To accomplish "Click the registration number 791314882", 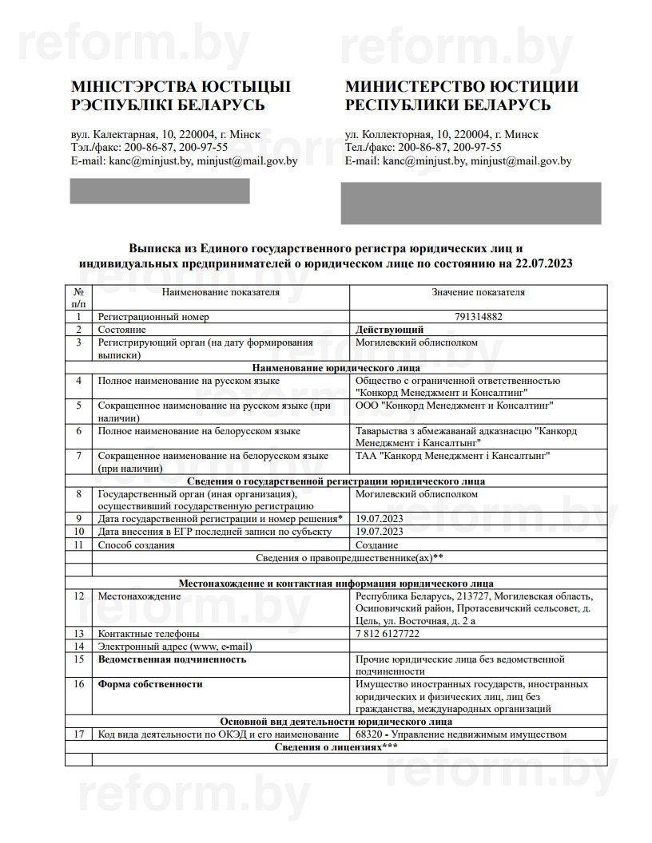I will [478, 317].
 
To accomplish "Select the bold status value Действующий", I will [389, 330].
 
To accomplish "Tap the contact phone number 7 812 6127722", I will [388, 634].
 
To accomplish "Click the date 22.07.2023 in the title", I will [544, 263].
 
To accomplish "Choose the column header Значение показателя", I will [478, 292].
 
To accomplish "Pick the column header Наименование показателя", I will [221, 292].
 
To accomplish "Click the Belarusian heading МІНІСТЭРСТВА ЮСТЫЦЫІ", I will [181, 86].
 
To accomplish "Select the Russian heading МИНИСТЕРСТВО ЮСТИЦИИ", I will [462, 86].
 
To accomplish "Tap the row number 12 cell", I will [78, 596].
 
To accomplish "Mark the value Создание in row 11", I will [377, 545].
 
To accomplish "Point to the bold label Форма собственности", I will [150, 684].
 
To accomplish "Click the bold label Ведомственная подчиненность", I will [172, 659].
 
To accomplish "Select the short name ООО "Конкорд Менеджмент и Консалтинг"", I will [455, 406].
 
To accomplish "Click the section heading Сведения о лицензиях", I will [336, 746].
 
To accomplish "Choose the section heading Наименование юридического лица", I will [336, 368].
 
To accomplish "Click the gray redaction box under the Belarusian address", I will [160, 191].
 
